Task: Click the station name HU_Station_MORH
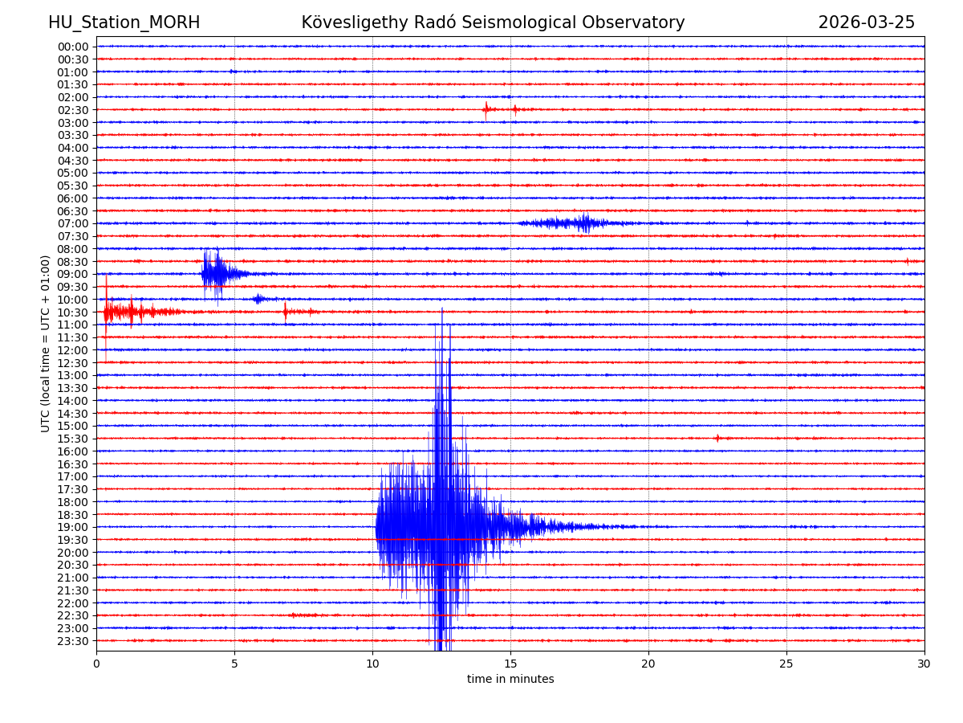[124, 23]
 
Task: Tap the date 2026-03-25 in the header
[866, 23]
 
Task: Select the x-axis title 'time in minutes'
[510, 680]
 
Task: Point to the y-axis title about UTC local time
[46, 343]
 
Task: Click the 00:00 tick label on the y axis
[73, 47]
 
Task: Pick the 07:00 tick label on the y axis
[73, 223]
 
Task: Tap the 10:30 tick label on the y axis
[73, 312]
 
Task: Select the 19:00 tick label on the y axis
[73, 527]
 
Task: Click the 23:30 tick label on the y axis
[73, 641]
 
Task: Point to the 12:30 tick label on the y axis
[73, 362]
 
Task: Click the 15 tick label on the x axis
[510, 664]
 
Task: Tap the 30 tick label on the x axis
[924, 664]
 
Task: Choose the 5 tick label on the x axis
[234, 664]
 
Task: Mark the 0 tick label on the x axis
[96, 664]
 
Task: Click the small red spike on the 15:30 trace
[717, 438]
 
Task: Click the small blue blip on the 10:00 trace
[258, 299]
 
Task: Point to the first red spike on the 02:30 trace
[486, 109]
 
